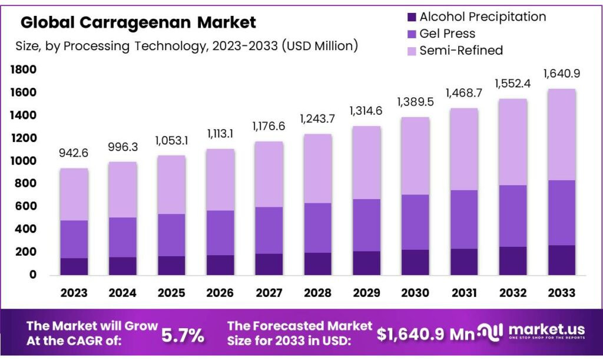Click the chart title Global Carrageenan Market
click(138, 22)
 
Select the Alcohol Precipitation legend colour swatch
click(412, 17)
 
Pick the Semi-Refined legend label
click(461, 51)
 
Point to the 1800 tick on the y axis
click(23, 70)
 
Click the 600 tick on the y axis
click(25, 206)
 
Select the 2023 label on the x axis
click(74, 293)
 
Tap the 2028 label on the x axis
click(317, 293)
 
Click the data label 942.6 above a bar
click(74, 153)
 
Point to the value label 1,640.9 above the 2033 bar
click(561, 74)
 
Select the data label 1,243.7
click(317, 119)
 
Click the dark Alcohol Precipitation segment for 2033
click(561, 260)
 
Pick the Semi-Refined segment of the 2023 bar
click(74, 194)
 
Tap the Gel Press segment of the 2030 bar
click(415, 222)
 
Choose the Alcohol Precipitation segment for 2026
click(220, 265)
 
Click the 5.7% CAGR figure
click(183, 335)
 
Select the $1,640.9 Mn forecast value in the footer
click(426, 334)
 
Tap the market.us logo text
click(546, 329)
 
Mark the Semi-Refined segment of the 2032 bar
click(513, 142)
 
